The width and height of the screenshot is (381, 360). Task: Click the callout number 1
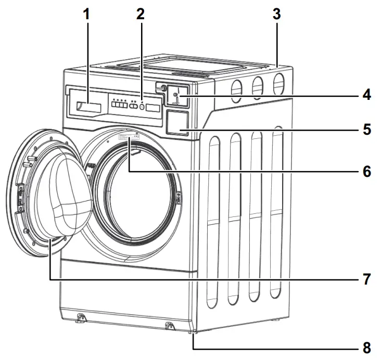(x=86, y=14)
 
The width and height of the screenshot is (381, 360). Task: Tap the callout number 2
(x=140, y=14)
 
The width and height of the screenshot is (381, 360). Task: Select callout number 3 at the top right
(x=277, y=14)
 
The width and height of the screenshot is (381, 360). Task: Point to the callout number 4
(x=366, y=95)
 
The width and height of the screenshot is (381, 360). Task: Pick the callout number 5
(x=366, y=128)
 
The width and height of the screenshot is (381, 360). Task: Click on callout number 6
(x=366, y=171)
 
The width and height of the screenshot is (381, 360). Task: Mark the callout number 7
(x=366, y=279)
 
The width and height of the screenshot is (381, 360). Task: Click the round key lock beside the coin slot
(x=163, y=89)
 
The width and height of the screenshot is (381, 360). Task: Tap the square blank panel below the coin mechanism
(x=176, y=124)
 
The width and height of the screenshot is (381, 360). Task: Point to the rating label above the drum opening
(x=127, y=137)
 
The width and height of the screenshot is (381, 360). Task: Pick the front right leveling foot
(x=169, y=326)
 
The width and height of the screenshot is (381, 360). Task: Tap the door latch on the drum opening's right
(x=180, y=198)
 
